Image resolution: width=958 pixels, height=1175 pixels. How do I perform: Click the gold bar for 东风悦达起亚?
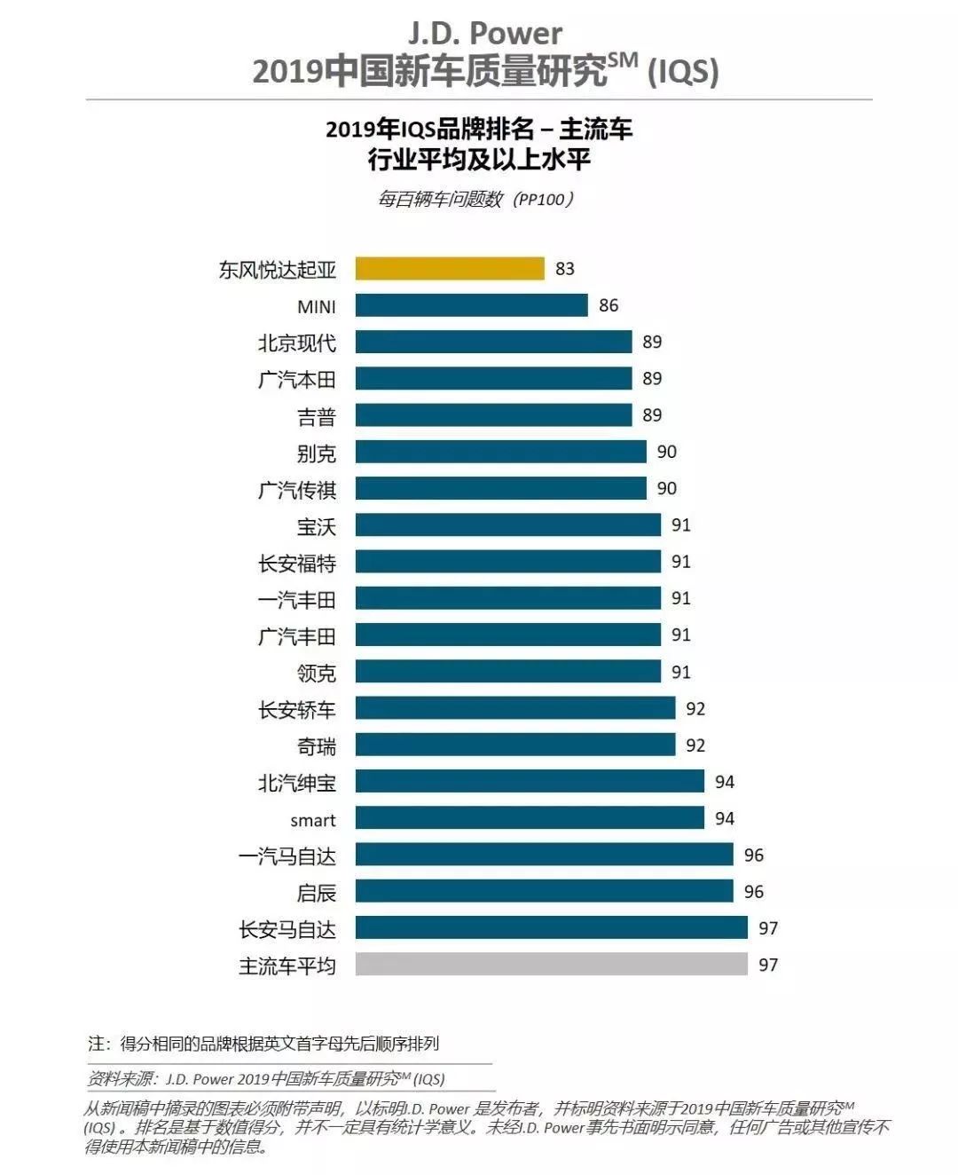point(450,268)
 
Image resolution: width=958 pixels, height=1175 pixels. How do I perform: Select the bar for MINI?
point(471,305)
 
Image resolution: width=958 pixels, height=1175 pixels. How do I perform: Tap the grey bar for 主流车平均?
point(551,964)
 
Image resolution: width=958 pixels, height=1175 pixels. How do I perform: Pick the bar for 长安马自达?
point(551,927)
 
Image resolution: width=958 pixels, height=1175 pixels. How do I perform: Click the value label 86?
point(609,305)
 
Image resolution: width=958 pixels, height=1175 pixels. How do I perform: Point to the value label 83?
point(565,268)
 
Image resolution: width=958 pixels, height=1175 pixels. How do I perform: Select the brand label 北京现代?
point(297,343)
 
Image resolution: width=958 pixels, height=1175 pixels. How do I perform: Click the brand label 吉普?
point(317,416)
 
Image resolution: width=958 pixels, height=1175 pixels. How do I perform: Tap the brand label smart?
point(313,820)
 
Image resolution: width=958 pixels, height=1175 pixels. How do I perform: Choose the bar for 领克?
point(507,672)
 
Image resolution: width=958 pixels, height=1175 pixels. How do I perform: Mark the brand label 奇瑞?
point(317,746)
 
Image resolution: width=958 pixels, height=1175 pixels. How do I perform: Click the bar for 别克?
point(500,452)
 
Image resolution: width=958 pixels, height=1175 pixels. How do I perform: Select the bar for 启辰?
point(544,891)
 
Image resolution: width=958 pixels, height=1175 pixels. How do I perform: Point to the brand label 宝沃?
point(317,526)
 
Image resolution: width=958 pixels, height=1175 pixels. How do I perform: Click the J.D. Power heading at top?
point(484,34)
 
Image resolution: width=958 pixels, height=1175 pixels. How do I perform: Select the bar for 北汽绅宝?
point(530,781)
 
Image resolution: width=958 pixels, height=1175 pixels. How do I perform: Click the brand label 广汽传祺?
point(297,489)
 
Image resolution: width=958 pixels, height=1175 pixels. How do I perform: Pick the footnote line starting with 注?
point(263,1044)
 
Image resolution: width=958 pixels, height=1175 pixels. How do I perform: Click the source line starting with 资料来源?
point(266,1079)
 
